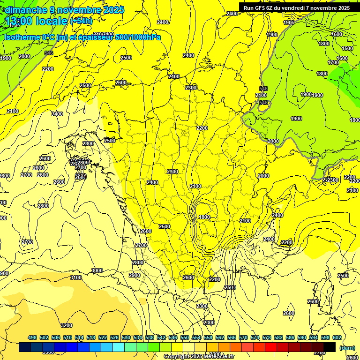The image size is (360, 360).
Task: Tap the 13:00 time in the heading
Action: click(22, 21)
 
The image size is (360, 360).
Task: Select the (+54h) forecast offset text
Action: click(82, 21)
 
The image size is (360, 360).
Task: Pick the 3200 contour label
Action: click(67, 325)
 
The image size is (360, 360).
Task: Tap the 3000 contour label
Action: click(97, 270)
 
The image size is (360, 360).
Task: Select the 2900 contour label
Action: click(135, 275)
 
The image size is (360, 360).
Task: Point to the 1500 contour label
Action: click(347, 48)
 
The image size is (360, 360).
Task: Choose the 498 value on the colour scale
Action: click(32, 337)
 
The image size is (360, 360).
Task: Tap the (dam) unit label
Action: click(347, 348)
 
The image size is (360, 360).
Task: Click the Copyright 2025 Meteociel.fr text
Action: click(199, 357)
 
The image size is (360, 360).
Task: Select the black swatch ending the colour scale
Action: click(330, 347)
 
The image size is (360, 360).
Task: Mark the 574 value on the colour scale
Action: click(255, 337)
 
